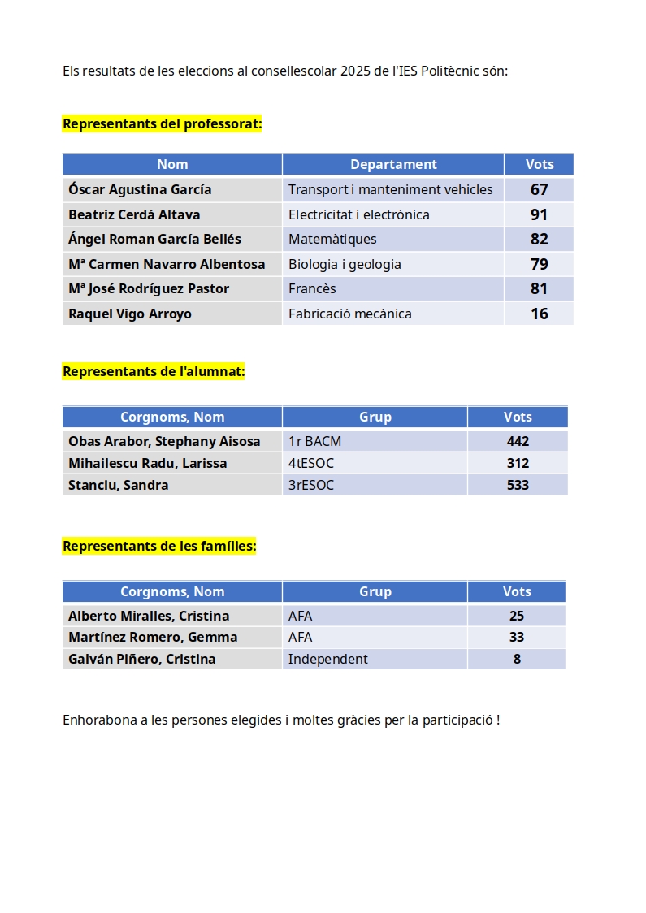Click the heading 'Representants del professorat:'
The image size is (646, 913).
pos(162,124)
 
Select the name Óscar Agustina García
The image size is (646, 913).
pos(140,189)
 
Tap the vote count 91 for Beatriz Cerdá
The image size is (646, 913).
pos(539,214)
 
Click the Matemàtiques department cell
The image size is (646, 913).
pos(332,239)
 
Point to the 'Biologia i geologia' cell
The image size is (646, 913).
pos(345,264)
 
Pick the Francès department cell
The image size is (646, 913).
pos(312,288)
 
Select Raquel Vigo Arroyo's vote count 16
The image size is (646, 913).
pos(539,314)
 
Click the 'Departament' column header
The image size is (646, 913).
pos(393,164)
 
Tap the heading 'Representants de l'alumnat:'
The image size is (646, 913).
pos(154,371)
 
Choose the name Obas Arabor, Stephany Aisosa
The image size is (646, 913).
pos(164,441)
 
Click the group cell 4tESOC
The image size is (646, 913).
pos(311,463)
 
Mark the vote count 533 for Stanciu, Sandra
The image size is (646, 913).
pos(518,485)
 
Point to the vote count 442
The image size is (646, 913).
pos(518,441)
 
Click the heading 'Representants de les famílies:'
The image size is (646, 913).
pos(159,546)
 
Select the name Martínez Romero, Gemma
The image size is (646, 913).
pos(153,637)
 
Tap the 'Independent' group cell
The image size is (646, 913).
pos(327,659)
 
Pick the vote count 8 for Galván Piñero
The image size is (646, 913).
pos(517,659)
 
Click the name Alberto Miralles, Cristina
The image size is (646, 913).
pos(149,616)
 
